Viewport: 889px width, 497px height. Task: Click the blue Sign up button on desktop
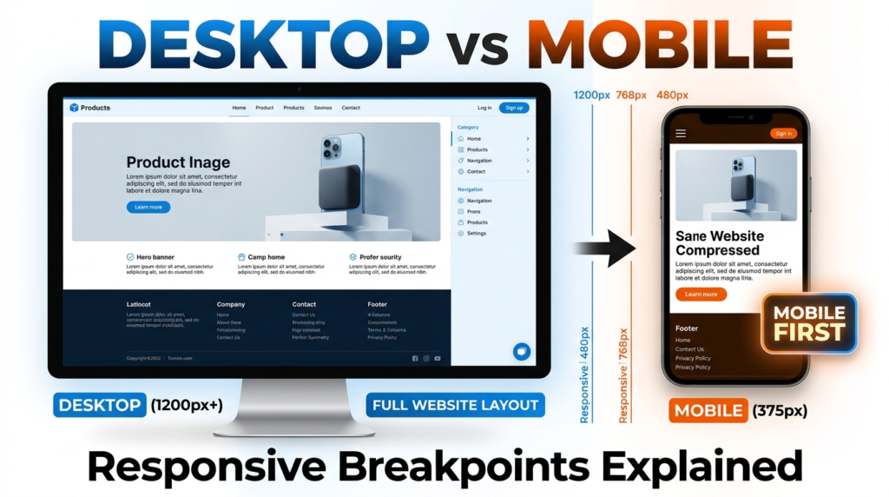click(x=514, y=108)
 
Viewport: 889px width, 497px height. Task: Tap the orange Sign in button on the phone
click(x=783, y=133)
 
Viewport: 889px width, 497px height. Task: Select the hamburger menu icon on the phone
click(x=681, y=133)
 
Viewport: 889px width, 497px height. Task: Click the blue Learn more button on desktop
click(x=148, y=207)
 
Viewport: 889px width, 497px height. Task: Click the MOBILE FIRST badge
click(x=809, y=322)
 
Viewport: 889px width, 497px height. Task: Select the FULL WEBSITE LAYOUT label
click(x=455, y=404)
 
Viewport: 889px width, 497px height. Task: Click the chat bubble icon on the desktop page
click(x=522, y=351)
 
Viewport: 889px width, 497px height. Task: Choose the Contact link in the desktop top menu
click(x=351, y=108)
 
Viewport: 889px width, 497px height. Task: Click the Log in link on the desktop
click(x=484, y=108)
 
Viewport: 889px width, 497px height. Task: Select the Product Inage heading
click(x=178, y=162)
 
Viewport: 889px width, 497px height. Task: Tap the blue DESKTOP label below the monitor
click(x=100, y=405)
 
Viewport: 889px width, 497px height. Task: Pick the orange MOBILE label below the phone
click(x=708, y=410)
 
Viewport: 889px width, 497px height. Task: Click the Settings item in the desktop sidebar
click(x=477, y=233)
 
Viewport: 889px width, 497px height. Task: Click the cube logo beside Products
click(x=74, y=108)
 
